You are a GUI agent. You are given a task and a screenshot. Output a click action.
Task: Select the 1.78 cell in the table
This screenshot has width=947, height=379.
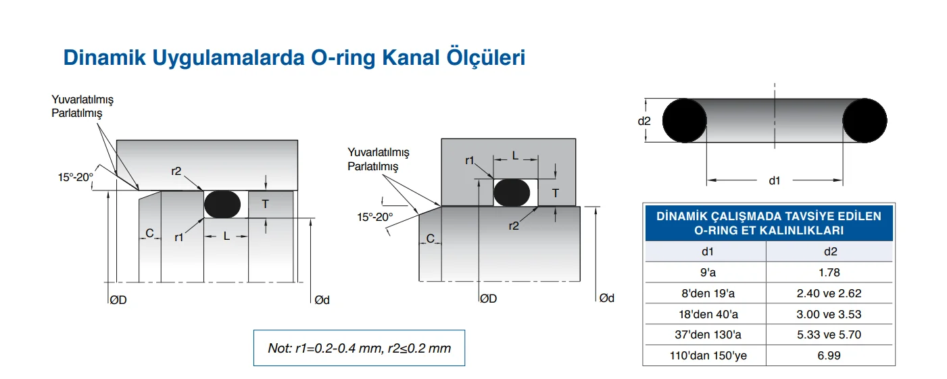click(829, 272)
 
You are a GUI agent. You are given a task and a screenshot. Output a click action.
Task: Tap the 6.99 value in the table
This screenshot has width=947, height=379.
click(829, 355)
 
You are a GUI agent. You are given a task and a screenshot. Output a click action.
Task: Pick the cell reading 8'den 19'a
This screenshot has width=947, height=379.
click(706, 293)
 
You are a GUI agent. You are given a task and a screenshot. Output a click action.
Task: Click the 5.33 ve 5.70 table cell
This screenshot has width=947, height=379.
click(829, 334)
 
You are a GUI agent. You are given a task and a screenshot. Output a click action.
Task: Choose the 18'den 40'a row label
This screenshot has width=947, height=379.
click(706, 314)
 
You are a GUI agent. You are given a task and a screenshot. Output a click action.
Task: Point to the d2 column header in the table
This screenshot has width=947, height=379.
click(829, 252)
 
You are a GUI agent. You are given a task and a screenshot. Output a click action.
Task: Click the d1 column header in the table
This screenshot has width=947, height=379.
click(706, 252)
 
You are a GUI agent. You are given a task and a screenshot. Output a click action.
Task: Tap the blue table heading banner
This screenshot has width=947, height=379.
click(769, 223)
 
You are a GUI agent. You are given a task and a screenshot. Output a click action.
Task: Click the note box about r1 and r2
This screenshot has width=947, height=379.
click(359, 348)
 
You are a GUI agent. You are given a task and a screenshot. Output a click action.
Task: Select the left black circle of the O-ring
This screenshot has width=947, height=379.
click(685, 121)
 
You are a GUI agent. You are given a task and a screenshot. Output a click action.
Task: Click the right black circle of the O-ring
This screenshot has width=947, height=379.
click(865, 121)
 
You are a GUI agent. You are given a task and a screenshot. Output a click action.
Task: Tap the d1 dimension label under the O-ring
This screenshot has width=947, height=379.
click(775, 180)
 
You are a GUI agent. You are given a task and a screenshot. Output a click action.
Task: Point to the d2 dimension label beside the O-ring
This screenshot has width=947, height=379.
click(644, 122)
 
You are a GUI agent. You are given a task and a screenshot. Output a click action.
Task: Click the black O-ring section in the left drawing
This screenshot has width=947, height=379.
click(222, 204)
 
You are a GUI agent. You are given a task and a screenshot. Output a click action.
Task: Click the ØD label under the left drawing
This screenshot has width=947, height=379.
click(118, 300)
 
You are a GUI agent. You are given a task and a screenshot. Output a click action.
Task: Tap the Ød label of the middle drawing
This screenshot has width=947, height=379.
click(606, 298)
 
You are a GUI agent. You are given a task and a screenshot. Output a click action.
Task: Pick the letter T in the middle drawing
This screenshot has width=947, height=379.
click(556, 193)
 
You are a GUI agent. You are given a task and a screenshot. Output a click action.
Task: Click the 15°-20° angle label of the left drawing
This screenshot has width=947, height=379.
click(75, 178)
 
